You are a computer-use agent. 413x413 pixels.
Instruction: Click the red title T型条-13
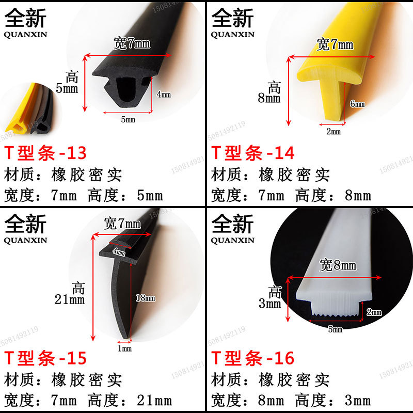[x=46, y=153]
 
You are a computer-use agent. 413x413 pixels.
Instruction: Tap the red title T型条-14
[x=253, y=153]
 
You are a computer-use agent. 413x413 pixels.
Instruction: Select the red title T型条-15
[x=46, y=358]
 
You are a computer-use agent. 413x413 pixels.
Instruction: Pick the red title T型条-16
[x=253, y=358]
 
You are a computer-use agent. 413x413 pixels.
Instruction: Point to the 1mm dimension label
[x=125, y=349]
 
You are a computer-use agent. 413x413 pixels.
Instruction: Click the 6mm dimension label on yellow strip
[x=357, y=104]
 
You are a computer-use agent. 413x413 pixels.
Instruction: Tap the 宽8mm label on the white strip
[x=338, y=266]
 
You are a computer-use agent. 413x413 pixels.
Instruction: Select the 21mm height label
[x=70, y=299]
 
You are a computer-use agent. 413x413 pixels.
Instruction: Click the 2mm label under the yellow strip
[x=333, y=132]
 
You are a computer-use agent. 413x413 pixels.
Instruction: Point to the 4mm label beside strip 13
[x=163, y=94]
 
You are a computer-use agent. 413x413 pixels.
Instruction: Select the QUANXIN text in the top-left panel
[x=25, y=35]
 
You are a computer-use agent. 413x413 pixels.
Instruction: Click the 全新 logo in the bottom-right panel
[x=233, y=224]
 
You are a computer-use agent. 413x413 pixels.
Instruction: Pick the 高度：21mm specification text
[x=130, y=400]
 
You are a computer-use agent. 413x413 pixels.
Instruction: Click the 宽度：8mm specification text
[x=248, y=400]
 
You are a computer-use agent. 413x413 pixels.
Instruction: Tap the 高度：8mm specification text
[x=333, y=196]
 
